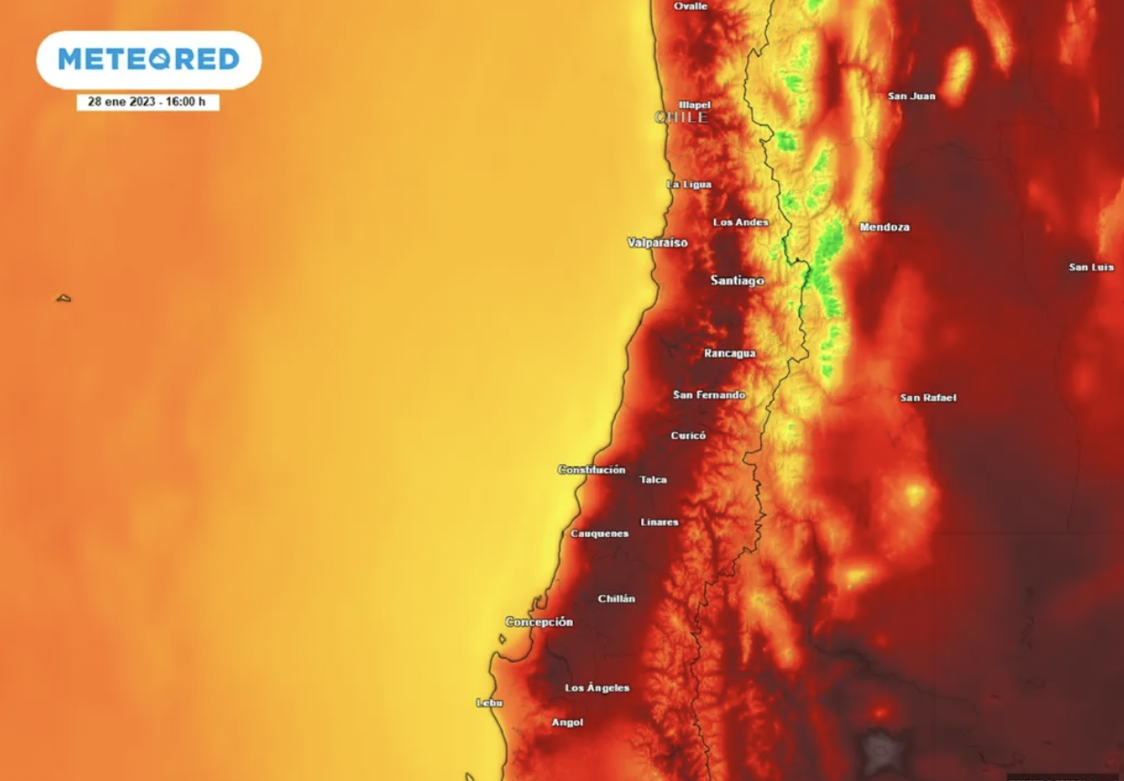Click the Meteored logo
click(x=148, y=60)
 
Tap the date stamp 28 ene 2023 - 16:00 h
click(x=148, y=102)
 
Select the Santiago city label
click(x=737, y=281)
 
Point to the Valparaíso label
click(x=658, y=243)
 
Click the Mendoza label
click(x=884, y=228)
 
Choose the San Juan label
click(x=911, y=96)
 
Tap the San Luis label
click(x=1091, y=268)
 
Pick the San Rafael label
click(x=928, y=398)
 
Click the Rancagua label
click(x=730, y=353)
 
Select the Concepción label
click(x=539, y=623)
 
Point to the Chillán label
click(x=617, y=599)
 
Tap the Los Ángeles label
click(x=597, y=688)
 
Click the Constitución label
click(x=591, y=470)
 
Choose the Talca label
click(x=653, y=480)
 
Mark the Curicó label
click(x=689, y=436)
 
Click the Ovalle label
click(x=690, y=6)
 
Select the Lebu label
click(x=489, y=703)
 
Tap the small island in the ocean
click(x=63, y=298)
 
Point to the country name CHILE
click(x=681, y=117)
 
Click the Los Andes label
click(x=741, y=223)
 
